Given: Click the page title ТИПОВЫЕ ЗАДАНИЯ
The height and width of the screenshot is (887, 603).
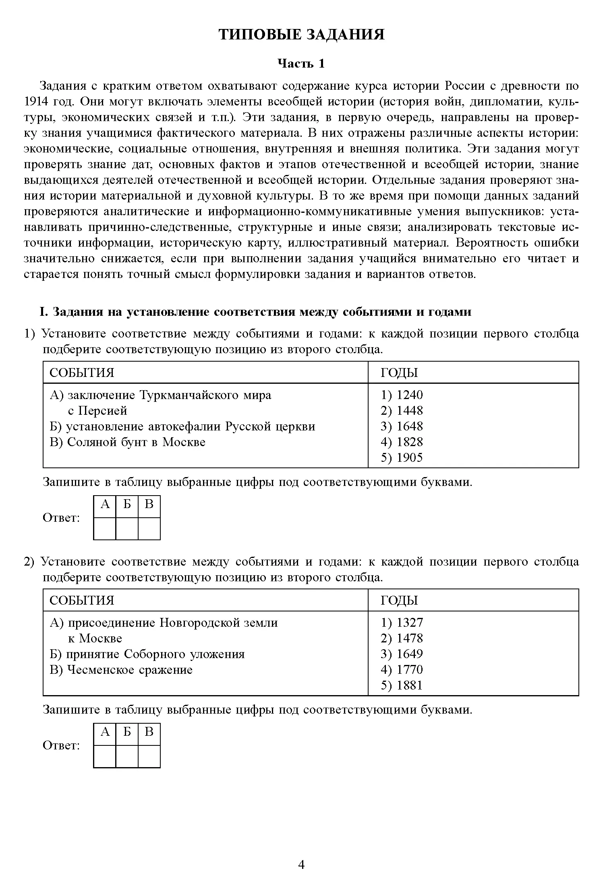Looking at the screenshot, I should click(301, 35).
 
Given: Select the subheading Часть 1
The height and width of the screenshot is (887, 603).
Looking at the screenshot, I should click(301, 64).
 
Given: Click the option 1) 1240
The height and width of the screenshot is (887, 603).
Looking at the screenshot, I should click(402, 395).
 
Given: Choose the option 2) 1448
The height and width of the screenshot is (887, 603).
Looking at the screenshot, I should click(402, 411).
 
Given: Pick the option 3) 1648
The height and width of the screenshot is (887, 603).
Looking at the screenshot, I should click(402, 426).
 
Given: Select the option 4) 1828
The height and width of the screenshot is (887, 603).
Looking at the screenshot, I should click(402, 442).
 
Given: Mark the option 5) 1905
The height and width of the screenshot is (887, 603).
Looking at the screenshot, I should click(402, 458).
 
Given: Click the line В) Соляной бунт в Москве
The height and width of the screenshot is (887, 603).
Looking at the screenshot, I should click(128, 442).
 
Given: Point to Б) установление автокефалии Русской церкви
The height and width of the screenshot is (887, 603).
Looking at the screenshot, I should click(182, 426).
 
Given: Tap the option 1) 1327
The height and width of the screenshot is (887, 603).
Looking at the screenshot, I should click(402, 623).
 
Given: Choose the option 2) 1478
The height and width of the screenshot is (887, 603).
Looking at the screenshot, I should click(402, 638).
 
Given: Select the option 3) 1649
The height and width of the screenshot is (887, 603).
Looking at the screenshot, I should click(402, 654).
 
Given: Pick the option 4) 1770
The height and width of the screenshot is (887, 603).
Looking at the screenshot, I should click(402, 670).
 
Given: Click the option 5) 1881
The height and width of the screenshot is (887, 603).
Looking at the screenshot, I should click(402, 685).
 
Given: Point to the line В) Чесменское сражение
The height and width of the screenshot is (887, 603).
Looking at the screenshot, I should click(121, 670).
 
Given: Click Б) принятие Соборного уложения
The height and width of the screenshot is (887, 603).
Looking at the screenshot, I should click(147, 654).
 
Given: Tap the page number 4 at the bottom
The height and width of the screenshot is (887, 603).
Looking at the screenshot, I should click(301, 864).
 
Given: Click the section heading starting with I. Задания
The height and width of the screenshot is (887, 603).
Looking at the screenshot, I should click(255, 312).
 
